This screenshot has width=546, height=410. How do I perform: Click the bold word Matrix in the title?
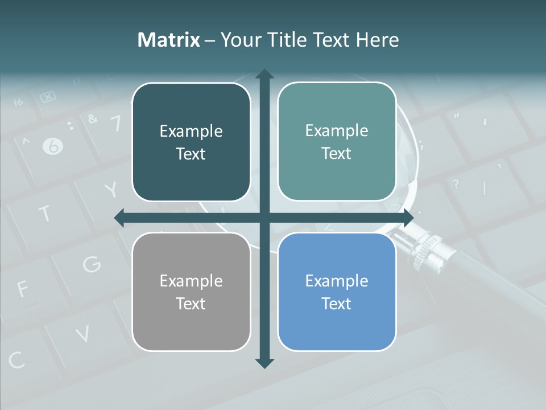tap(168, 40)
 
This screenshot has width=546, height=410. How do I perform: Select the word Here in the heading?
tap(378, 40)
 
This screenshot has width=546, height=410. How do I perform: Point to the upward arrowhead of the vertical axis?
tap(264, 74)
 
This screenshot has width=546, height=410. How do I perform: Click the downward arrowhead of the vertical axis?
tap(264, 363)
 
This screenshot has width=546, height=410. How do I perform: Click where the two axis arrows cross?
tap(264, 218)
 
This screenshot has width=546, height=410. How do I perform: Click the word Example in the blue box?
tap(337, 281)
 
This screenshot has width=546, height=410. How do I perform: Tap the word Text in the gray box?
tap(191, 304)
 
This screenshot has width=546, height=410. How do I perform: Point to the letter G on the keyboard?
tap(92, 264)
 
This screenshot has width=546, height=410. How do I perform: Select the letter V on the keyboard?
tap(82, 334)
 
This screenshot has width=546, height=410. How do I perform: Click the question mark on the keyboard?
tap(455, 184)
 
